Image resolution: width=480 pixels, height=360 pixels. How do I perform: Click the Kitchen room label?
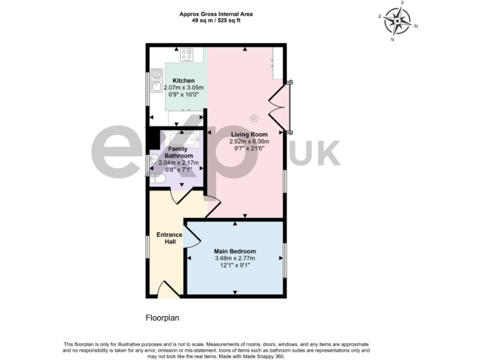coord(184,81)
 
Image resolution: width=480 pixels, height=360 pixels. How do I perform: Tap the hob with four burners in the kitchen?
coord(186,55)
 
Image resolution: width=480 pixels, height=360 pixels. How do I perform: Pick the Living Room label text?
coord(249,134)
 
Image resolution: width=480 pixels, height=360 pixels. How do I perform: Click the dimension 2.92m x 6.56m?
coord(249,142)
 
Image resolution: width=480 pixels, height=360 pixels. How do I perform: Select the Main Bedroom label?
coord(235,252)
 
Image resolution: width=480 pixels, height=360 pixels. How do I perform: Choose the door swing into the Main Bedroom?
coord(192,237)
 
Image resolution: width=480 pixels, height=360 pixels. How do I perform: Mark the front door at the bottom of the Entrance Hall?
coord(167,289)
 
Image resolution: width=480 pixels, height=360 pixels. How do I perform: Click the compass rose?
coord(397,21)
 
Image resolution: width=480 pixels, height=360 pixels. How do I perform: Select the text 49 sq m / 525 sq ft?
coord(216,20)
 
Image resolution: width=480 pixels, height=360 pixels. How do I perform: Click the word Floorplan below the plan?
coord(162,317)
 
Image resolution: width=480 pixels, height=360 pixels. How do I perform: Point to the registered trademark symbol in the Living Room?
coord(253,117)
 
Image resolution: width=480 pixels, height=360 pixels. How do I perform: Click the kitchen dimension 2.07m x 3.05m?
coord(184,88)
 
